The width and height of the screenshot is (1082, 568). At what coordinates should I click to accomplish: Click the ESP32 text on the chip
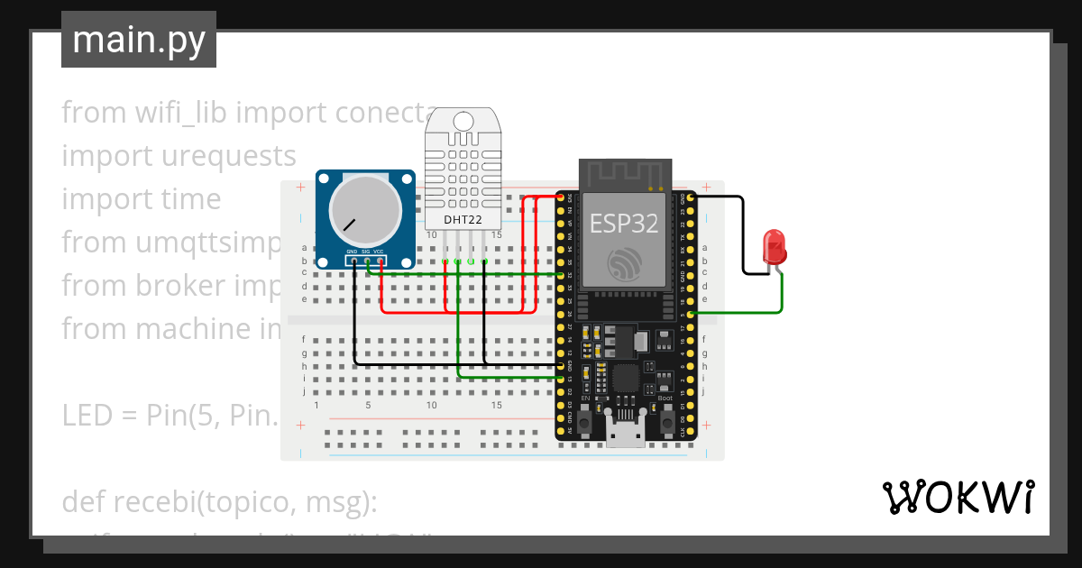pos(624,223)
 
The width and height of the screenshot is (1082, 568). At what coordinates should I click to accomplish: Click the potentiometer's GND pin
pos(354,261)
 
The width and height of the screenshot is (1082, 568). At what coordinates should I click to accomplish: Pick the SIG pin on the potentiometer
pos(368,261)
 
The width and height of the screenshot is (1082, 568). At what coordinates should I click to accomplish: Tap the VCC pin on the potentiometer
pos(381,261)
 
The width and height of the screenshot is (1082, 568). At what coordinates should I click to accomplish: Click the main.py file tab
pos(139,40)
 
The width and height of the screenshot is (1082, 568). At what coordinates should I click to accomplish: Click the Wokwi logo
pos(958,497)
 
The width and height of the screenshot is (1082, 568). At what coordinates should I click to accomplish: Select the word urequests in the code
pos(228,156)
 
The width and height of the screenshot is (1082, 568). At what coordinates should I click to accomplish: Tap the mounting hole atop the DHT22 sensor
pos(463,121)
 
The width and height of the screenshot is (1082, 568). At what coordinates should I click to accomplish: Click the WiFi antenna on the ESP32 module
pos(625,173)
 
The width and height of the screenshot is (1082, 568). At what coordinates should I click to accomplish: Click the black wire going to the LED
pos(743,234)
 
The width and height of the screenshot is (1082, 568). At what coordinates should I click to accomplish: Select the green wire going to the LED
pos(781,298)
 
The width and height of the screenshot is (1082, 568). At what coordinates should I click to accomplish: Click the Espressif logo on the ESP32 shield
pos(624,262)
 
